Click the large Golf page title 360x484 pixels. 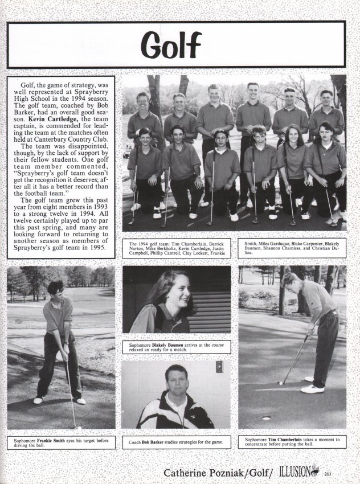[x=171, y=46]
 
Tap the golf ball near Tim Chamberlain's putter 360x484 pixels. [x=280, y=383]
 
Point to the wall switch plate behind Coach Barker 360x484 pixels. [x=219, y=367]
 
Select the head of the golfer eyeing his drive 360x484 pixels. [x=55, y=288]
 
